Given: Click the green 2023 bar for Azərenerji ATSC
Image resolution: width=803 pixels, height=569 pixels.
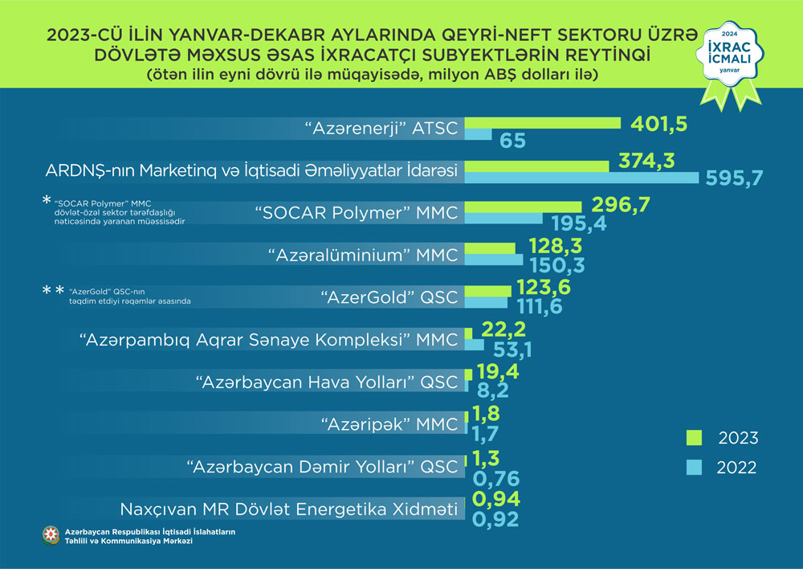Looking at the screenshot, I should click(543, 123).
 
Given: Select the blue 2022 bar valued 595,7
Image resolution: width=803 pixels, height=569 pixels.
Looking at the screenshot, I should click(582, 178).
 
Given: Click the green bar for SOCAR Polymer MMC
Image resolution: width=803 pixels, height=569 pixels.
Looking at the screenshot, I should click(523, 207).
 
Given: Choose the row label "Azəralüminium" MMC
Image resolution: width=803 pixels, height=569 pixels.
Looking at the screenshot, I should click(362, 256).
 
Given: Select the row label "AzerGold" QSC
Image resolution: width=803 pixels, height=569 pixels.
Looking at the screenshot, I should click(389, 297).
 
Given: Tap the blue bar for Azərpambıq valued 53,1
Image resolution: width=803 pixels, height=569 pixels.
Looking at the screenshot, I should click(475, 345).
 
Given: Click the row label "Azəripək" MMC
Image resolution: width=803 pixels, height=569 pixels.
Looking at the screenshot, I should click(389, 424).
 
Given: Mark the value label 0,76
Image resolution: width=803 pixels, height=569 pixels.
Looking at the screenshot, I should click(498, 479).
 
